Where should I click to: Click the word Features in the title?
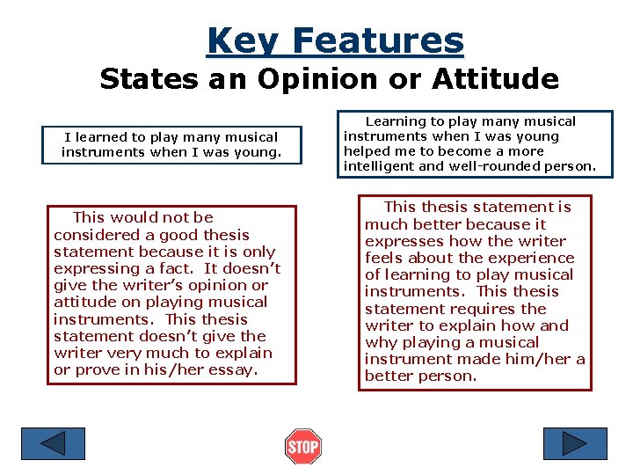(378, 40)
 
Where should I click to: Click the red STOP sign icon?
(303, 447)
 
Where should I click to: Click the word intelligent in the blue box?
(380, 166)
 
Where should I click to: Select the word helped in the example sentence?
(366, 151)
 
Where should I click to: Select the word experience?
(537, 258)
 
